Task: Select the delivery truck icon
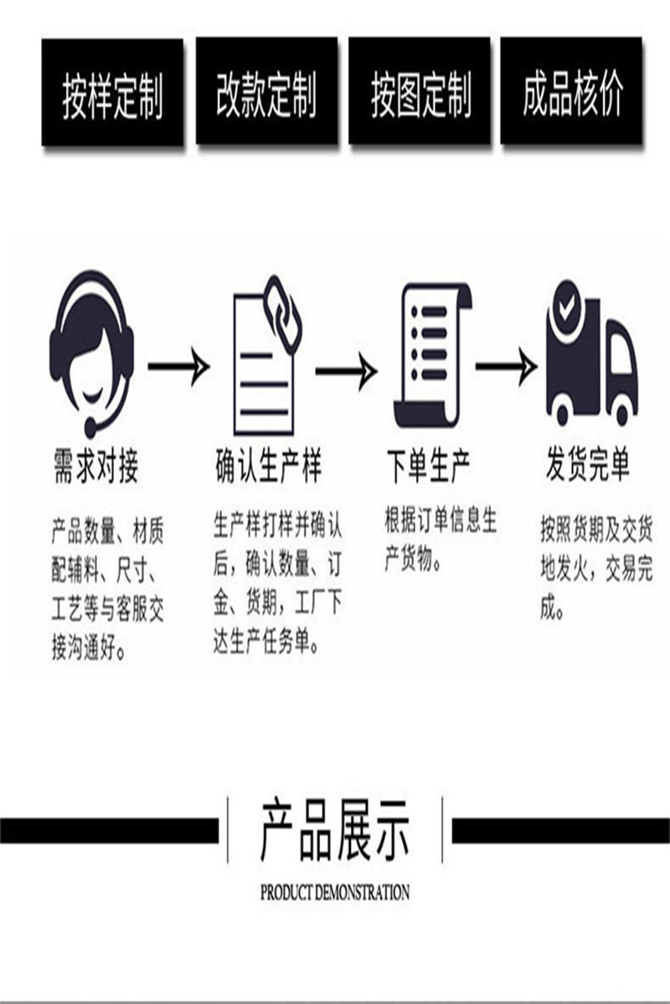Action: point(591,355)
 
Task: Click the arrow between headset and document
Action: point(178,367)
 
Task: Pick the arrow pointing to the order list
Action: point(345,369)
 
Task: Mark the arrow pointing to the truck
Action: point(505,367)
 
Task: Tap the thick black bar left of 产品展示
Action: point(108,830)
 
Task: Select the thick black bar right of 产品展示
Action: point(560,830)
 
